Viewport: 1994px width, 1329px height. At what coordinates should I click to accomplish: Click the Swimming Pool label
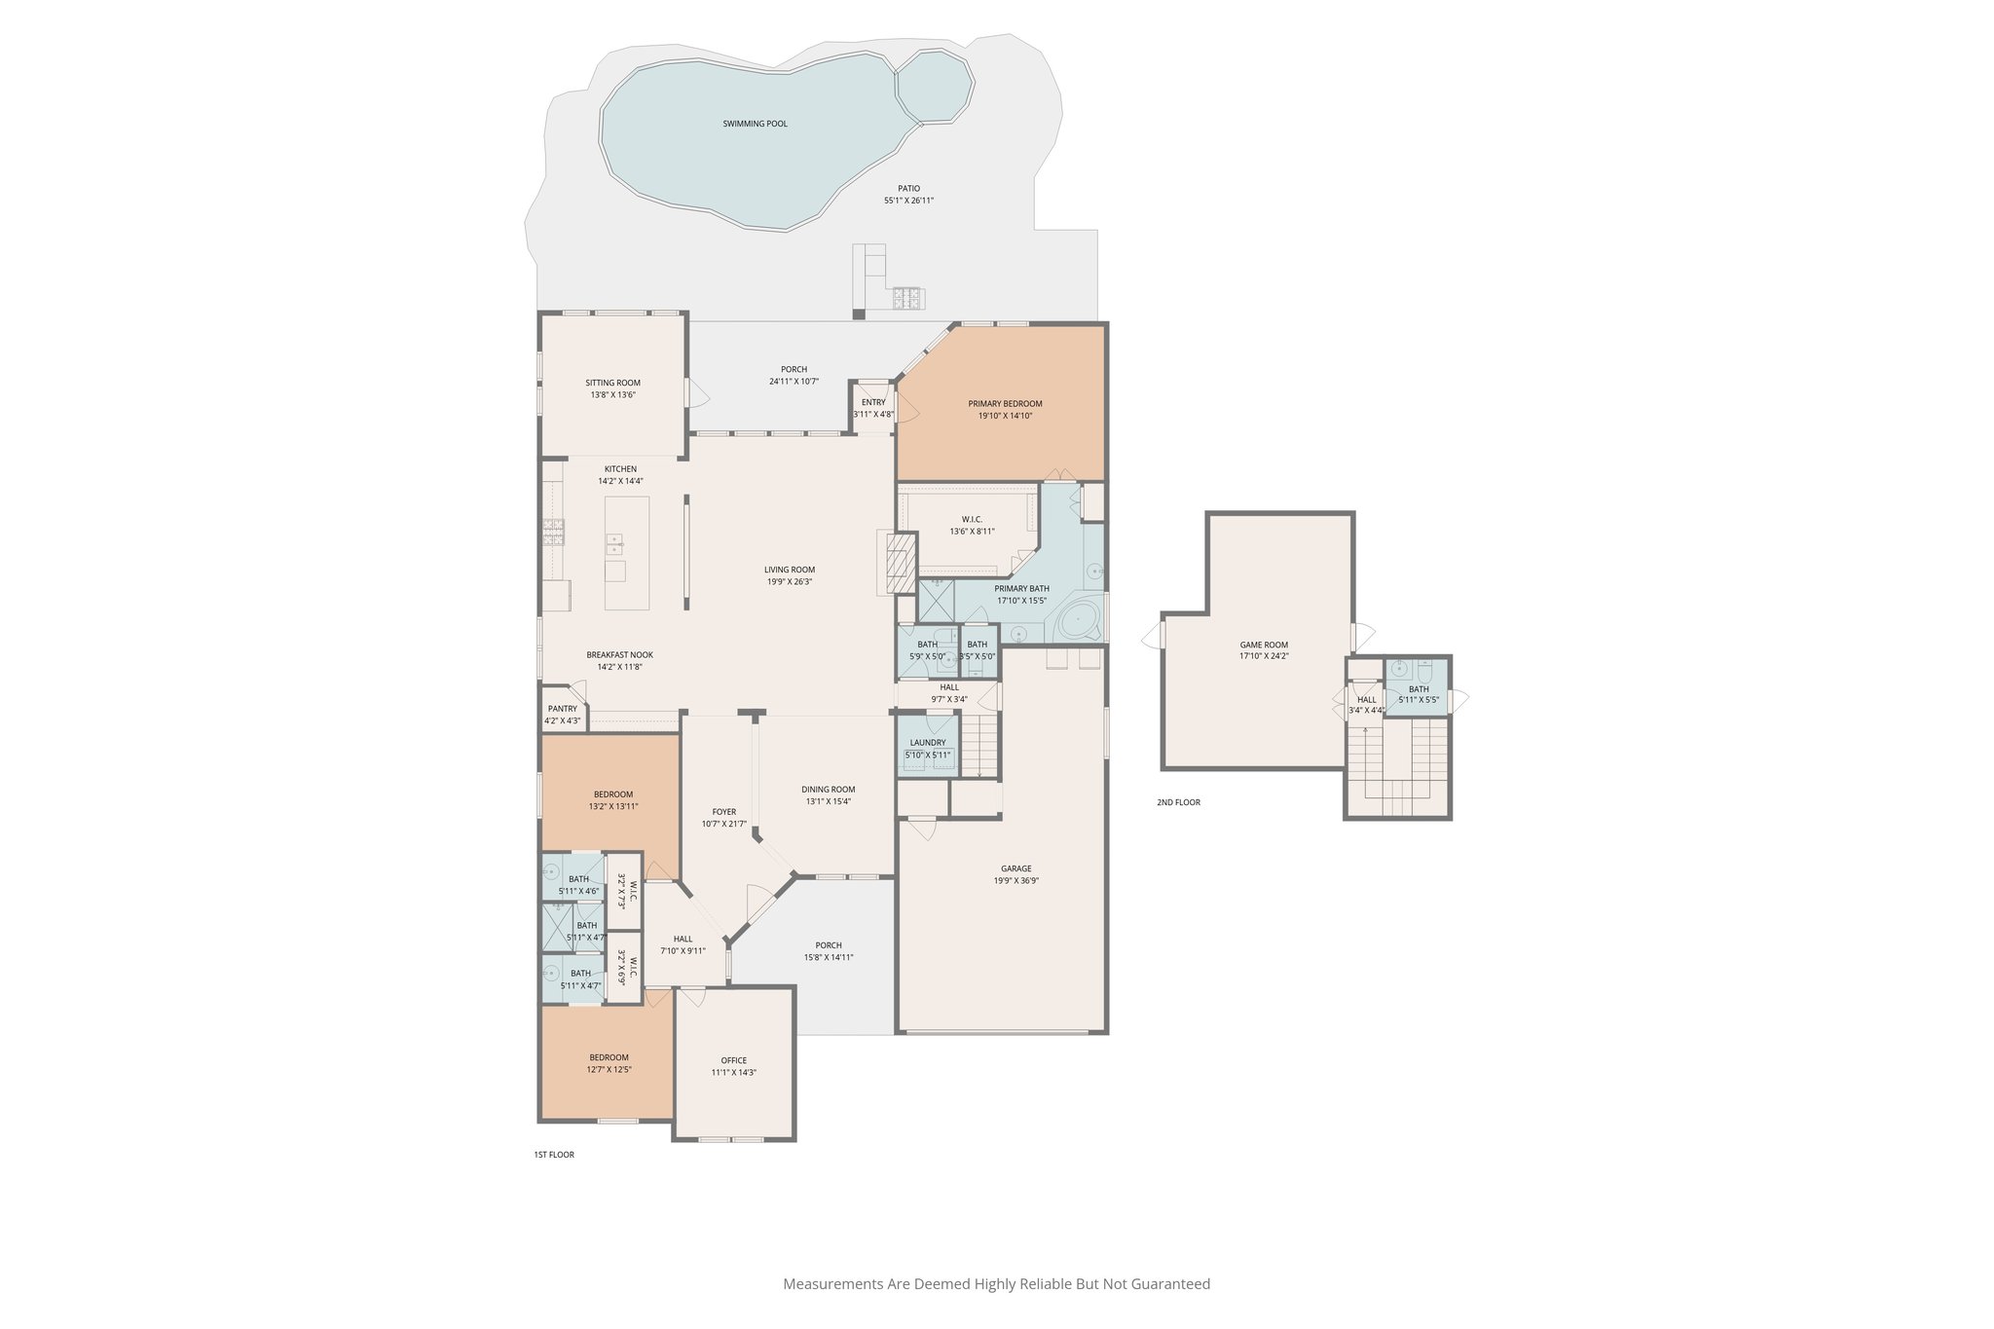coord(755,124)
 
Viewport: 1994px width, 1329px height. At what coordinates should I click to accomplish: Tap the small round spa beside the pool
coord(934,87)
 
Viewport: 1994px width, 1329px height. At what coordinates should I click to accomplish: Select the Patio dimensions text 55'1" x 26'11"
coord(908,201)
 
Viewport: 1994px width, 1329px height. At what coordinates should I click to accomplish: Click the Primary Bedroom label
coord(1005,403)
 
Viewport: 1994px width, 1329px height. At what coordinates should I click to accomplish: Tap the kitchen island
coord(626,552)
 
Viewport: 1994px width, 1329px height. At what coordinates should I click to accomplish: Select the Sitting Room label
coord(612,383)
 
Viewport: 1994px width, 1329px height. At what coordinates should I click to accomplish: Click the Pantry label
coord(562,709)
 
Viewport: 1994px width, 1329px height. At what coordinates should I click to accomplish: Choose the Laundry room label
coord(927,742)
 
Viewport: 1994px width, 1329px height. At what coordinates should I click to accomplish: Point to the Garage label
coord(1015,868)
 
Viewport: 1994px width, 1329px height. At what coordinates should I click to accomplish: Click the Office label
coord(733,1060)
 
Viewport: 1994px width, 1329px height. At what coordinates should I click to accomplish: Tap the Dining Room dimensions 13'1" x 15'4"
coord(828,801)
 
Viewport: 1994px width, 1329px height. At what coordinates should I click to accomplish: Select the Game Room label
coord(1263,645)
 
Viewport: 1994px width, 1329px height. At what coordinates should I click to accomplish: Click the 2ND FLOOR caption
coord(1178,802)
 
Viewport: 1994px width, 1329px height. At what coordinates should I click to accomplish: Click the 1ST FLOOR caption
coord(553,1155)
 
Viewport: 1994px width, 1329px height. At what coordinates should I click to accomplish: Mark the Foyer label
coord(723,811)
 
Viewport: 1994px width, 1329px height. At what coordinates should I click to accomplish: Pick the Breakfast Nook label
coord(619,655)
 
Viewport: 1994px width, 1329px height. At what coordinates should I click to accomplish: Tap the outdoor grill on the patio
coord(908,297)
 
